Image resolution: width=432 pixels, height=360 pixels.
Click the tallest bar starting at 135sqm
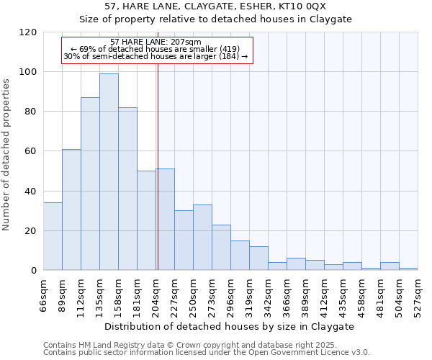tap(109, 172)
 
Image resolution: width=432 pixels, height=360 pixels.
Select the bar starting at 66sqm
tap(53, 237)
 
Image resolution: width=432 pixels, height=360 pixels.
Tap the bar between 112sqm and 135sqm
tap(90, 184)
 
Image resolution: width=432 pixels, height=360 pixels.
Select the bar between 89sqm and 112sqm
tap(71, 210)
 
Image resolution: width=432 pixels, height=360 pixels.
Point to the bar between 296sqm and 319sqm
tap(240, 256)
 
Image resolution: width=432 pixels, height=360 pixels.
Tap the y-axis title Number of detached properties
tap(6, 155)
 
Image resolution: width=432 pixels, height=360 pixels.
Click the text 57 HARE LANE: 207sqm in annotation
tap(156, 42)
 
